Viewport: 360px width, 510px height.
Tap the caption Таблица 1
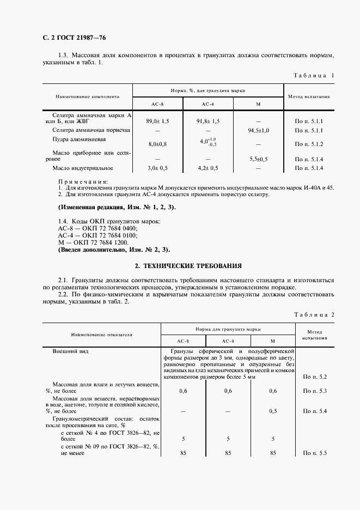(x=313, y=75)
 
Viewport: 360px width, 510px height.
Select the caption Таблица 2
(x=313, y=315)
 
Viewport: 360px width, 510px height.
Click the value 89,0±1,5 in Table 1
(x=158, y=121)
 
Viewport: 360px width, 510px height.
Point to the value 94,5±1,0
(x=258, y=131)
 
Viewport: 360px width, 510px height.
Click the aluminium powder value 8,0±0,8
(x=158, y=144)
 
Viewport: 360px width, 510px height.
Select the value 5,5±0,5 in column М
(x=258, y=158)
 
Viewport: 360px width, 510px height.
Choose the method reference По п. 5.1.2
(x=309, y=144)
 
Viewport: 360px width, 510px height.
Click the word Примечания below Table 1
(x=82, y=181)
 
